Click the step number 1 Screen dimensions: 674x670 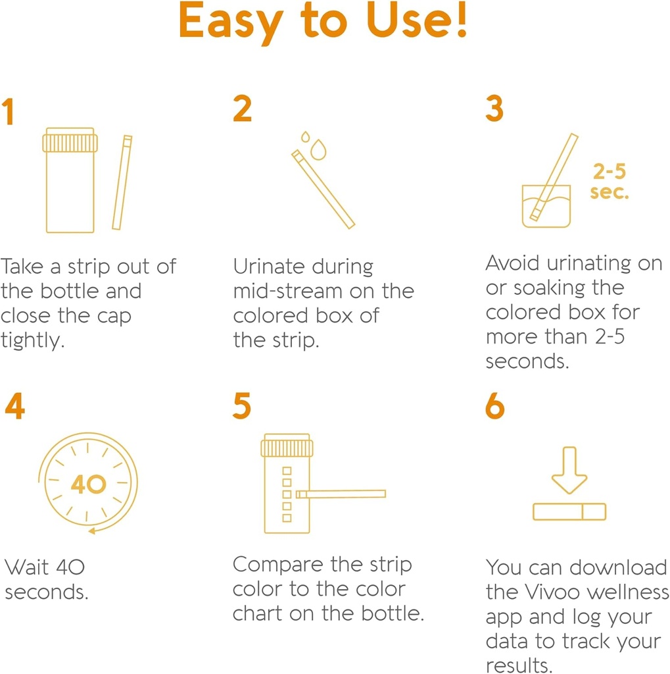coord(8,112)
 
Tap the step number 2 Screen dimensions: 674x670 coord(243,109)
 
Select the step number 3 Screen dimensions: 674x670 coord(494,109)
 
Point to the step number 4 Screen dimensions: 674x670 coord(14,406)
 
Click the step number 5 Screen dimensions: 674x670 coord(242,406)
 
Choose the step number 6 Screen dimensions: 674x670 coord(495,406)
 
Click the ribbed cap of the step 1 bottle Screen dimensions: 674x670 coord(70,142)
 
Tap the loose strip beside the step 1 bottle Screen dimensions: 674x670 coord(122,182)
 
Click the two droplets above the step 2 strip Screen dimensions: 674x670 coord(314,146)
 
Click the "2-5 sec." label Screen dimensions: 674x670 coord(610,182)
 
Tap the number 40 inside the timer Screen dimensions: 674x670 coord(88,485)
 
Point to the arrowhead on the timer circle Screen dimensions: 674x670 coord(93,529)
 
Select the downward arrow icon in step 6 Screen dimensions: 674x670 coord(569,469)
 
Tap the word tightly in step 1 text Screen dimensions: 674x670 coord(33,341)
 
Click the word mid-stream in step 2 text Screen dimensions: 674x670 coord(287,292)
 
